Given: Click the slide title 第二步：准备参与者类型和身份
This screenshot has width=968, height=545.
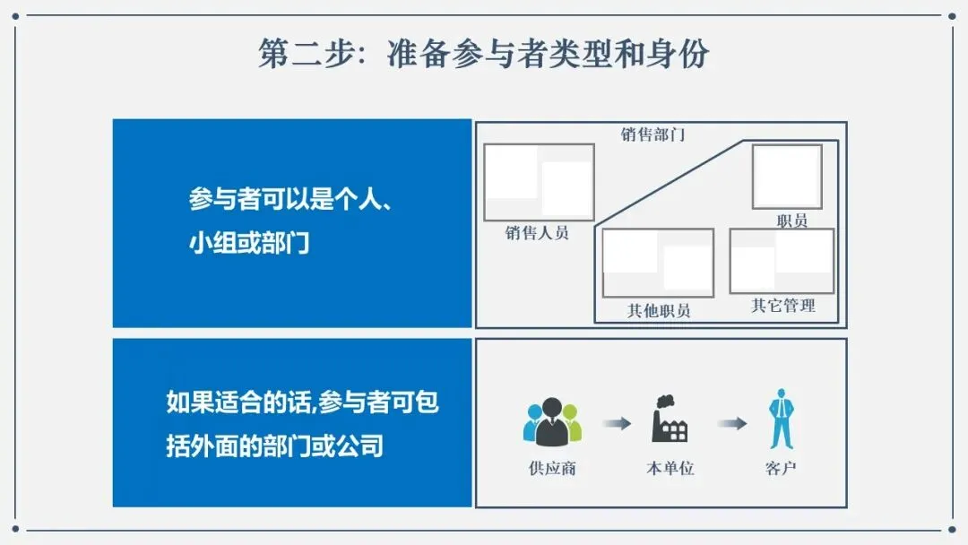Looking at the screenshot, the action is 483,54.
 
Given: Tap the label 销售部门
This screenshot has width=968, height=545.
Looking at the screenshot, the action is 653,134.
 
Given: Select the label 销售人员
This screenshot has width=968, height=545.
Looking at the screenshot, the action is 537,233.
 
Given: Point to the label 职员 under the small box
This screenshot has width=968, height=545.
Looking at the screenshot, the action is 792,221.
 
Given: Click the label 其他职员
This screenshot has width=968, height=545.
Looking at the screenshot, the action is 659,311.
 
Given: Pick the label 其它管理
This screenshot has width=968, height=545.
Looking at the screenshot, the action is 783,306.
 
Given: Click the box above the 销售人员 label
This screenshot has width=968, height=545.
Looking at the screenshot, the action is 539,182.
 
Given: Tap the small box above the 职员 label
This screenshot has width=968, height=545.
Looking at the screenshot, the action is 787,177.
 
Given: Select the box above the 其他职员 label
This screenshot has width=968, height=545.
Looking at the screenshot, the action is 658,263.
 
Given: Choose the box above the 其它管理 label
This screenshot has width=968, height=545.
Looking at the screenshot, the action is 782,261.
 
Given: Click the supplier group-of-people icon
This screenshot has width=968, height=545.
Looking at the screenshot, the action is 552,421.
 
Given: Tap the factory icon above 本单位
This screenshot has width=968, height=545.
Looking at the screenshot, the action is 670,420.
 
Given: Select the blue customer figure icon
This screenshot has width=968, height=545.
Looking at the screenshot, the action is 782,419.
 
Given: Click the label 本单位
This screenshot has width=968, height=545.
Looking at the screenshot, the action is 670,469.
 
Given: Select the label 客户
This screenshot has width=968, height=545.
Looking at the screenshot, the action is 782,469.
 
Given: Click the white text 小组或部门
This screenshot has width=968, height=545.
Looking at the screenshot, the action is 249,242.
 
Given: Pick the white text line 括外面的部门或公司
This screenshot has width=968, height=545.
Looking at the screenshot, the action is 274,446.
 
